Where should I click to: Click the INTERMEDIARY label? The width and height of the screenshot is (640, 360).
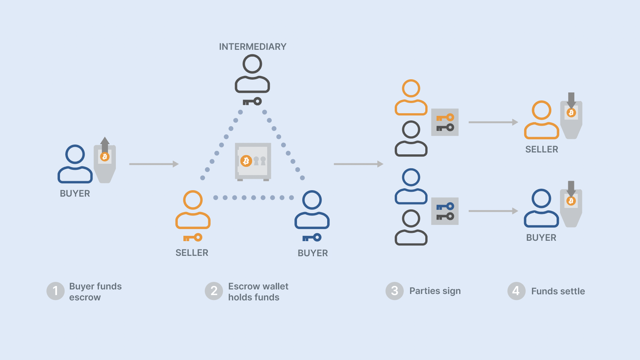pos(252,47)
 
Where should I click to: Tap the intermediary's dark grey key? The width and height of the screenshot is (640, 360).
pos(252,102)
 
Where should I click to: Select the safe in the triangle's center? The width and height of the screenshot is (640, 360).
pos(253,162)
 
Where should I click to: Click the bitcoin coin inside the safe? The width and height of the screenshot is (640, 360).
pos(246,161)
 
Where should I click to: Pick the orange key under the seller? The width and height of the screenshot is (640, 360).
pos(192,238)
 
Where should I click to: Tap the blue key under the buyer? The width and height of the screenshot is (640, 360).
pos(312,238)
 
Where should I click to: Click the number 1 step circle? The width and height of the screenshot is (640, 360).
pos(55,291)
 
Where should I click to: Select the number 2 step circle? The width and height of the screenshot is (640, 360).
pos(214,291)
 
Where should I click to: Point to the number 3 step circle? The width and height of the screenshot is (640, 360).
pos(395,291)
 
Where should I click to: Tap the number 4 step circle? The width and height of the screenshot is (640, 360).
pos(516,291)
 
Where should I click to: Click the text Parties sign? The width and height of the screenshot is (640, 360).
pos(435,291)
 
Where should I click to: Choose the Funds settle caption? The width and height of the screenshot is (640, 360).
pos(558,291)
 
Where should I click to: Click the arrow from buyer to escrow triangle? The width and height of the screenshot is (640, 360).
pos(154,164)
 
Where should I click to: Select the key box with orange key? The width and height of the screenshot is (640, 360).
pos(445,122)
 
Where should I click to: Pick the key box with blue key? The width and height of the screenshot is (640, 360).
pos(445,211)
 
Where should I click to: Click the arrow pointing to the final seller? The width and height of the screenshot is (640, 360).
pos(493,122)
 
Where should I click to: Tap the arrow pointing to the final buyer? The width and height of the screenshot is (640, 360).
pos(493,211)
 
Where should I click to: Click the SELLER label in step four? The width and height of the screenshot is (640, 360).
pos(542,149)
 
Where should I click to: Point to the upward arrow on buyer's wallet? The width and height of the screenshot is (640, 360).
pos(105,144)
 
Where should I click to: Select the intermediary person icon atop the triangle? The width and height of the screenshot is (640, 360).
pos(252,74)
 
